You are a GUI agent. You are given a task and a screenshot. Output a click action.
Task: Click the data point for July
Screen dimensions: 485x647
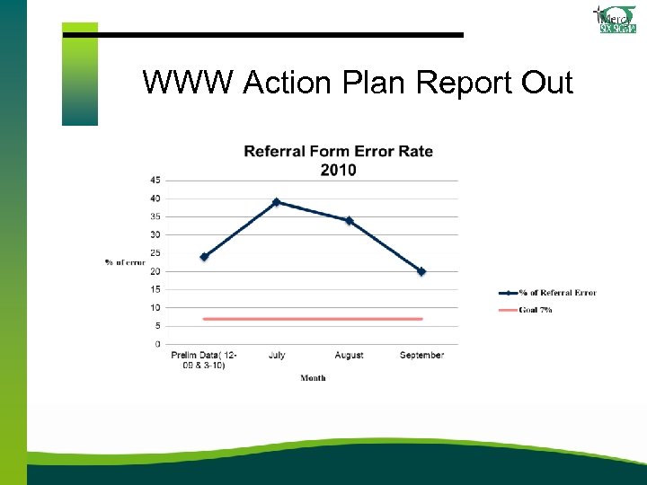click(277, 202)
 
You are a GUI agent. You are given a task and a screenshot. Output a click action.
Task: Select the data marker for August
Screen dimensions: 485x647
click(349, 220)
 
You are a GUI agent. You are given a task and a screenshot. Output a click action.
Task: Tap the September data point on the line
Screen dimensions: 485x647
click(421, 271)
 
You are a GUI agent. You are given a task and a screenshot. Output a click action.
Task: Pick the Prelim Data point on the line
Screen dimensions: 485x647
click(204, 257)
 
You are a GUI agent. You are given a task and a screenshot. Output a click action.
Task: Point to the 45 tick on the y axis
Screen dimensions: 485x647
click(155, 181)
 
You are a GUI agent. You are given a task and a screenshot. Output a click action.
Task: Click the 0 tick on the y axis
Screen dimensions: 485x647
click(158, 344)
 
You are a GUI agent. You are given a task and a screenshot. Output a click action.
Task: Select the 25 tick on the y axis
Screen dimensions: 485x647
click(155, 253)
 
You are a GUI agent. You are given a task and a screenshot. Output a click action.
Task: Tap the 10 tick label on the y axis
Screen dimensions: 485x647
click(155, 308)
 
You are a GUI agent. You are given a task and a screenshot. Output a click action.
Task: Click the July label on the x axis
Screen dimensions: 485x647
click(277, 356)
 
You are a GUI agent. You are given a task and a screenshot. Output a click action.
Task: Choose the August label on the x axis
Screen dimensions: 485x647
click(349, 356)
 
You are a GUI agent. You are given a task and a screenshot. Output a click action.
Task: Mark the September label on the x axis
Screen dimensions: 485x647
click(421, 356)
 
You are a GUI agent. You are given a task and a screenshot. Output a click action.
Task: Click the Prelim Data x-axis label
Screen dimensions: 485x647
click(204, 360)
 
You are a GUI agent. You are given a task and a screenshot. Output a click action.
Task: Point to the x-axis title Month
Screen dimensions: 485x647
click(313, 378)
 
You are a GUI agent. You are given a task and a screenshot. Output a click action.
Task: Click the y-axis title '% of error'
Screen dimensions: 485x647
click(124, 262)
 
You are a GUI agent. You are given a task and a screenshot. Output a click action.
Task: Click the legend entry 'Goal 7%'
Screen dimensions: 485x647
click(534, 310)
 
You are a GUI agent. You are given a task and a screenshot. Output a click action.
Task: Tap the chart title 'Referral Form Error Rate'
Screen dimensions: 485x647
click(338, 151)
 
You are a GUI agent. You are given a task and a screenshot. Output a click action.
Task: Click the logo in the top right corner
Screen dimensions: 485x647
click(616, 19)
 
